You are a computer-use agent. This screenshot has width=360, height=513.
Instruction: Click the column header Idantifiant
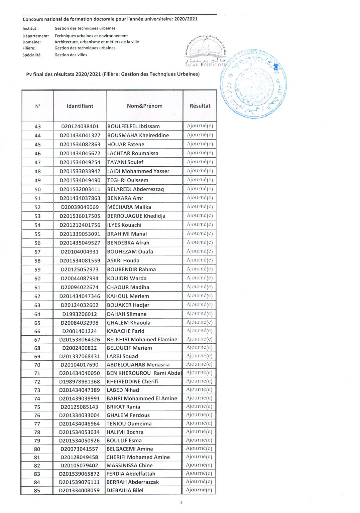coord(80,106)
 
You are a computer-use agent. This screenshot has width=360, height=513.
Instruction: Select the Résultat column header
coord(200,106)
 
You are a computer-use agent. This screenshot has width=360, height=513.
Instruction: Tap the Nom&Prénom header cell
coord(144,106)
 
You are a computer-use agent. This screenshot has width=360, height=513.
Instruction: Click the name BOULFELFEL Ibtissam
coord(133,126)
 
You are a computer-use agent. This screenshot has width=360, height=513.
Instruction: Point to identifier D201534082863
coord(80,144)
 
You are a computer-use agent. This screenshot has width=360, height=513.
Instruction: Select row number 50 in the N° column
coord(38,189)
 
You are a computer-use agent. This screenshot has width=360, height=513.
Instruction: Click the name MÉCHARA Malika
coord(129,207)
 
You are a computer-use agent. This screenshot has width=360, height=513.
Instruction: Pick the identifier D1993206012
coord(80,314)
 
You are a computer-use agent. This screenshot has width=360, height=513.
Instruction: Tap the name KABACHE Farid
coord(125,331)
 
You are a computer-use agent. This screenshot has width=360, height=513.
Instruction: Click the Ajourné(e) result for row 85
coord(199,490)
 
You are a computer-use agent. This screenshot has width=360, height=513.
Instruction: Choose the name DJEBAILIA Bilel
coord(125,490)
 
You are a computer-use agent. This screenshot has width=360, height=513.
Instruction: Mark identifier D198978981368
coord(80,381)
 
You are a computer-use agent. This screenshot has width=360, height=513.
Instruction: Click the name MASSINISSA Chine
coord(129,465)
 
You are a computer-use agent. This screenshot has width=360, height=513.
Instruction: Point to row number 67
coord(37,340)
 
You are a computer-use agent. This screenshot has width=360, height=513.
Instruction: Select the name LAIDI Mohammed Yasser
coord(138,171)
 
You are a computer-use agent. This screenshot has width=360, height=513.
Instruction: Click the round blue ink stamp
coord(254,84)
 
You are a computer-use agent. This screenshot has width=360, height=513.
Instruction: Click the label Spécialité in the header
coord(31,55)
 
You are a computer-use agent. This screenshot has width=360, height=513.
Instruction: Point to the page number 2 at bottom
coord(181,502)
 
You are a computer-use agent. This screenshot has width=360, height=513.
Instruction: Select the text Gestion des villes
coord(71,55)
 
